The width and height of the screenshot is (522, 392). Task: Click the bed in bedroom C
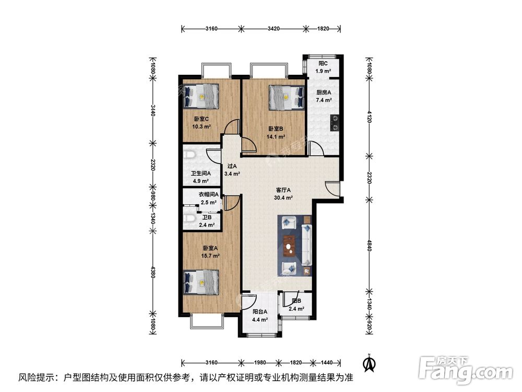pos(201,96)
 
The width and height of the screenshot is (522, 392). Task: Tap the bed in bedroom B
pos(287,97)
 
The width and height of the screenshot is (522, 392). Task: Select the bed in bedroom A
pos(201,283)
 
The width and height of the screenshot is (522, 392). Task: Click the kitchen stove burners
pos(334,122)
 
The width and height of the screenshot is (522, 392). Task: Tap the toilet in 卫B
pos(189,218)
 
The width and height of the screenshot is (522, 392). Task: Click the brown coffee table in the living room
pos(289,246)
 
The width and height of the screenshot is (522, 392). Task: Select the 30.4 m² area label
pos(283,198)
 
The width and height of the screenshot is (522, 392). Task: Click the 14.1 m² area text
pos(276,136)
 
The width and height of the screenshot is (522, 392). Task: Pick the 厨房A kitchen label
pos(324,93)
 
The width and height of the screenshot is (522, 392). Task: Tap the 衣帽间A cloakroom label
pos(209,194)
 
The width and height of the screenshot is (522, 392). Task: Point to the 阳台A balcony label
pos(260,312)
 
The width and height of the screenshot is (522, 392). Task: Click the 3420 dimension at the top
pos(274,29)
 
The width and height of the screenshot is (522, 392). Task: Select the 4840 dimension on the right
pos(369,245)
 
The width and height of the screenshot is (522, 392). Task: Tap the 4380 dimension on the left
pos(153,272)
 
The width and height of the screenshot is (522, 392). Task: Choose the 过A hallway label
pos(232,166)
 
